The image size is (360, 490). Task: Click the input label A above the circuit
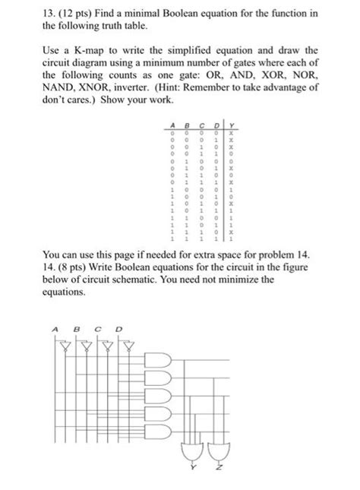point(55,328)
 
